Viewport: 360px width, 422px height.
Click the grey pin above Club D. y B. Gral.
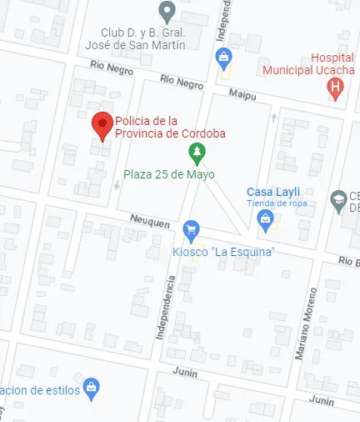click(x=167, y=13)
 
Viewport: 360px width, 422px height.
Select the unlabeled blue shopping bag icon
click(x=222, y=58)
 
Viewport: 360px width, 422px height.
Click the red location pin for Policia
click(x=102, y=126)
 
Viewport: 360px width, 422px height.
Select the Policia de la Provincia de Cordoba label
click(x=170, y=127)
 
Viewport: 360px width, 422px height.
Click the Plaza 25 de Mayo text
click(x=169, y=174)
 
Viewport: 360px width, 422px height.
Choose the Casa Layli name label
click(x=267, y=193)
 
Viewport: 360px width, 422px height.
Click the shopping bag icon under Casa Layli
click(x=266, y=220)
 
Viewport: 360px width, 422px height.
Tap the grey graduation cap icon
click(x=338, y=199)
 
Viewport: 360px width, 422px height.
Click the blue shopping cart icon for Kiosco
click(x=192, y=229)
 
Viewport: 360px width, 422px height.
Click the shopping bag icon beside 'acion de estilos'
click(x=92, y=388)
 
